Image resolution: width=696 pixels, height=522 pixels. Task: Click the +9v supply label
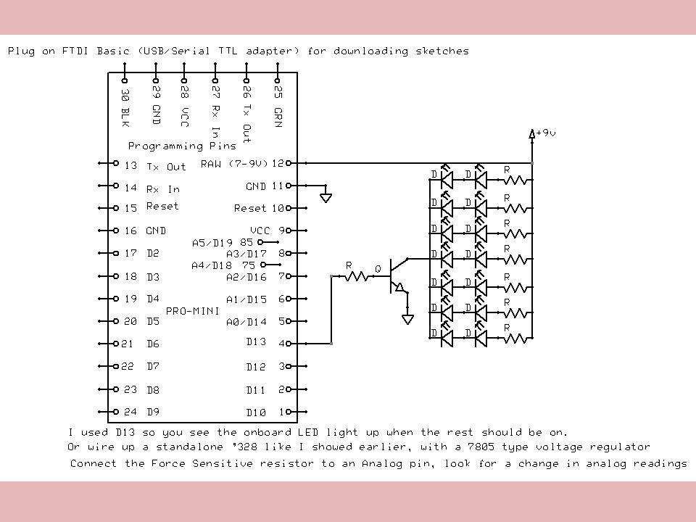[545, 133]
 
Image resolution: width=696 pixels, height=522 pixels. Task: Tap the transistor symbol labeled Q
[394, 276]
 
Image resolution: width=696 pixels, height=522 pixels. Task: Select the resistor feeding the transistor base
[356, 276]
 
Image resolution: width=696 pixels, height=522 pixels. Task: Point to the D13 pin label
[256, 341]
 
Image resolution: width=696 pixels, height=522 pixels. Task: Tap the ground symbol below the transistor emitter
[408, 319]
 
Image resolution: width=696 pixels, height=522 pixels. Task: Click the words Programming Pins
[182, 146]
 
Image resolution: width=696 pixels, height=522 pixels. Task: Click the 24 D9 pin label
[141, 412]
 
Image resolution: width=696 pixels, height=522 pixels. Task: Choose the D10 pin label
[256, 413]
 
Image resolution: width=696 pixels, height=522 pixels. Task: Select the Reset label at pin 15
[162, 207]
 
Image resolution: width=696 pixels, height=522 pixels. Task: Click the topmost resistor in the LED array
[515, 178]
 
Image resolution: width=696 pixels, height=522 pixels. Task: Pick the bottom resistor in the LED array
[515, 338]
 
